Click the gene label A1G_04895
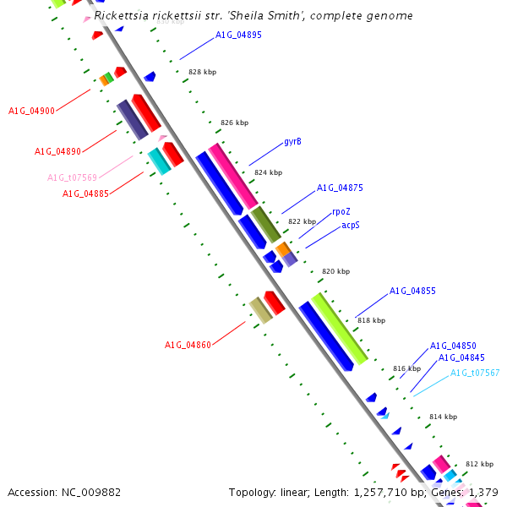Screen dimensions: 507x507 click(238, 35)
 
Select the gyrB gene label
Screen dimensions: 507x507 click(292, 141)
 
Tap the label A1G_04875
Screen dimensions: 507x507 click(340, 188)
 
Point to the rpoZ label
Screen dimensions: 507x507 click(341, 212)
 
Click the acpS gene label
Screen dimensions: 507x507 click(351, 226)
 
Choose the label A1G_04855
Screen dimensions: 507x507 click(412, 292)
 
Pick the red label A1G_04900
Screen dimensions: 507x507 click(31, 111)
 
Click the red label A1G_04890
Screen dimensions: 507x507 click(57, 151)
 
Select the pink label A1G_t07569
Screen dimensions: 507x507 click(72, 177)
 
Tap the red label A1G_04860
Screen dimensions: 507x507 click(188, 345)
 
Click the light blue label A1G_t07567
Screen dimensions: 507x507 click(475, 373)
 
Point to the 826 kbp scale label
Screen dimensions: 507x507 click(234, 123)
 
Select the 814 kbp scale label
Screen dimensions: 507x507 click(443, 417)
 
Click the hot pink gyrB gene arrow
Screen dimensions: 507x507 click(232, 175)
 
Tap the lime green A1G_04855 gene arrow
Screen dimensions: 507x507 click(339, 329)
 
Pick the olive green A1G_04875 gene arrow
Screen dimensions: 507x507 click(265, 224)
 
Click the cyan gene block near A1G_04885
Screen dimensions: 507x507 click(159, 162)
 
